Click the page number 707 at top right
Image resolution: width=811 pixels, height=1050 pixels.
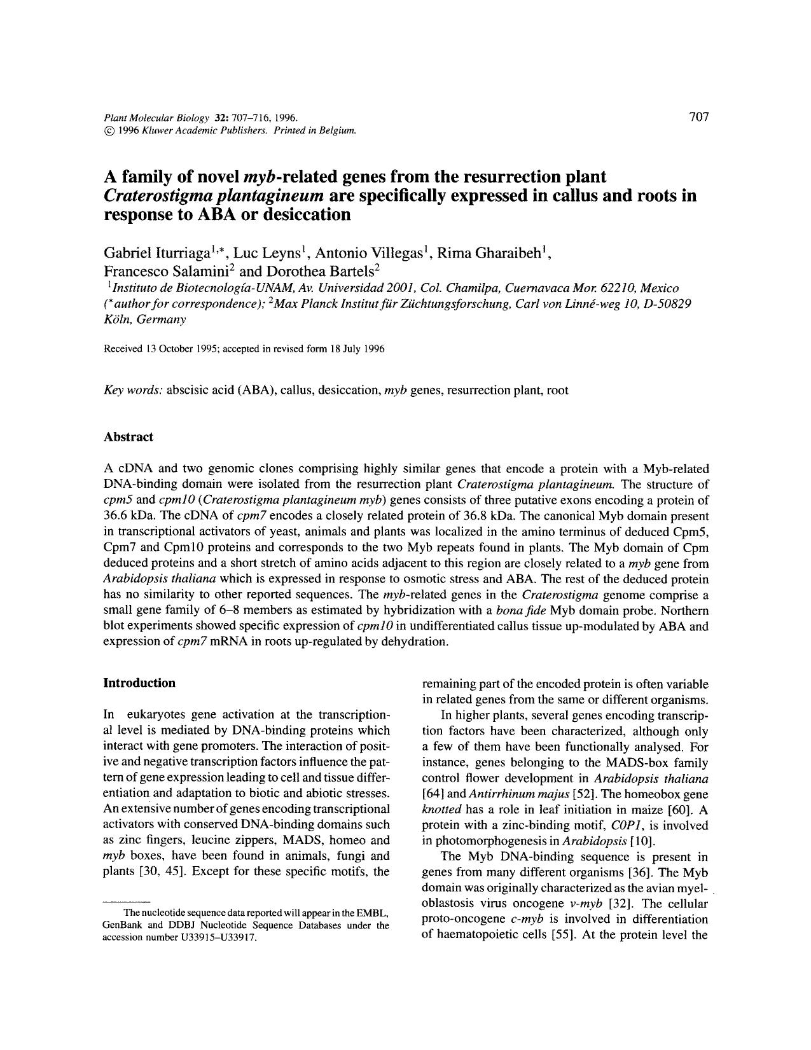pyautogui.click(x=698, y=116)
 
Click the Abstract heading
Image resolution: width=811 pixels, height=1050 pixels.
pyautogui.click(x=128, y=437)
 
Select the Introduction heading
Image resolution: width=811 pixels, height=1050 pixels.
pyautogui.click(x=139, y=683)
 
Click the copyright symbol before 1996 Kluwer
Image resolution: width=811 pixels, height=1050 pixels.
pyautogui.click(x=107, y=130)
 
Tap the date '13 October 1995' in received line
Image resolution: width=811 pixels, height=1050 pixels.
pyautogui.click(x=182, y=349)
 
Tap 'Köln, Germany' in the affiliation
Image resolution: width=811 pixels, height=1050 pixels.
pyautogui.click(x=144, y=320)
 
